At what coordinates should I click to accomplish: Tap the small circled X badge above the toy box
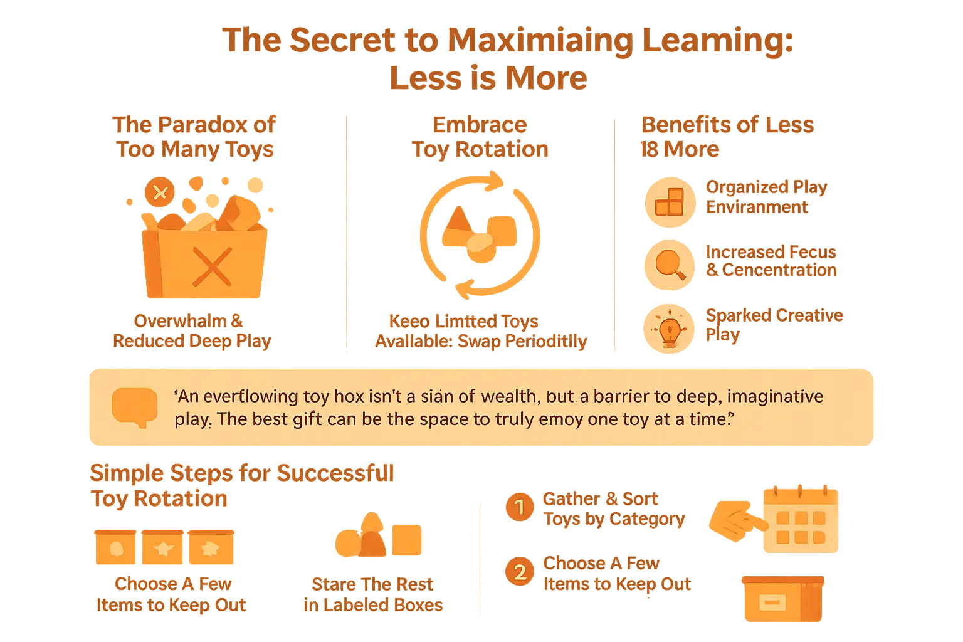160,192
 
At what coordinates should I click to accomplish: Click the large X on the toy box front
212,266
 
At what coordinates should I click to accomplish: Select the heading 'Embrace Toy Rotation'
480,137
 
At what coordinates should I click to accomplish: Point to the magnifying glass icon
670,264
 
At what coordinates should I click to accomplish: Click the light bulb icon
670,328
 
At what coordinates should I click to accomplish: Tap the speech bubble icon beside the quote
134,407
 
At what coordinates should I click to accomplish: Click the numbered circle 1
519,507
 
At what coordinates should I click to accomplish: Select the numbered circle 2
520,572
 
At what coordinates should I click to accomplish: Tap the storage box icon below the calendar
782,599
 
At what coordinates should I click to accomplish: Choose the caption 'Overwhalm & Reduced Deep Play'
191,331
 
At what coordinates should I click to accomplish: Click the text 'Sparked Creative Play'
774,324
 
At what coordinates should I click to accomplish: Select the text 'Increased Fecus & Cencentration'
771,261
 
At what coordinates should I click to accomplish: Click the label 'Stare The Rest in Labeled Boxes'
372,594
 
